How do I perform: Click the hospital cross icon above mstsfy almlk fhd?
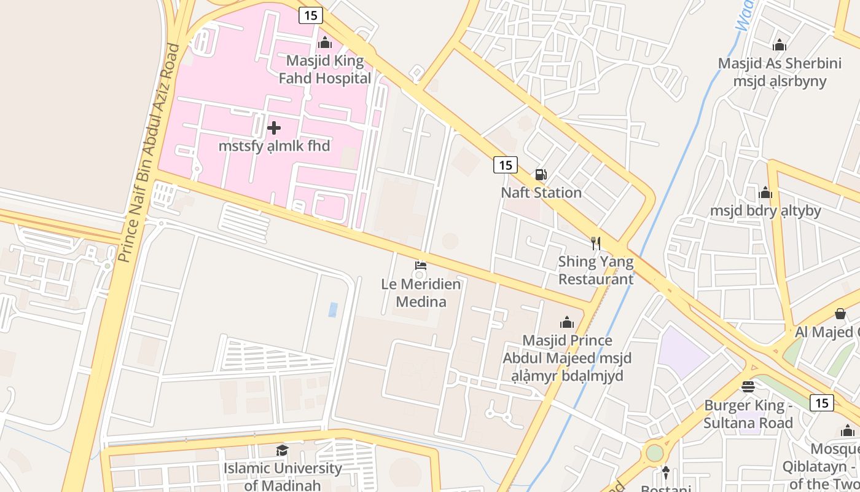pos(274,128)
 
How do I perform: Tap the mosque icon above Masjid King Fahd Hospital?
pos(325,43)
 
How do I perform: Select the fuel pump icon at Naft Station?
pos(541,175)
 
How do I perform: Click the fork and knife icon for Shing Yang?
pos(595,244)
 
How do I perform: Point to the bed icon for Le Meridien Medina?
pos(421,266)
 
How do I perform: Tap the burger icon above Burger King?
pos(748,387)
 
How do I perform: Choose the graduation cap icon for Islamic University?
pos(282,450)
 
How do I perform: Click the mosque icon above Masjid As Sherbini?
pos(780,45)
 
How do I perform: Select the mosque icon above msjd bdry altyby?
pos(765,193)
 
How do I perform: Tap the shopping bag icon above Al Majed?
pos(840,314)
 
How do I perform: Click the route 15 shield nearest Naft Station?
pos(505,165)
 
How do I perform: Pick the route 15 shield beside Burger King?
pos(821,403)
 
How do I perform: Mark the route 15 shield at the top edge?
pos(311,15)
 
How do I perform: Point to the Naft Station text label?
pos(541,192)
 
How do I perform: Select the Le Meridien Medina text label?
pos(421,293)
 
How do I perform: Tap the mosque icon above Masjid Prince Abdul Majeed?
pos(566,322)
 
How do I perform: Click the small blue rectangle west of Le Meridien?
pos(332,309)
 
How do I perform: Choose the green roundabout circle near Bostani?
pos(655,453)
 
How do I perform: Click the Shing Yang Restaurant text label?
pos(595,271)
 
